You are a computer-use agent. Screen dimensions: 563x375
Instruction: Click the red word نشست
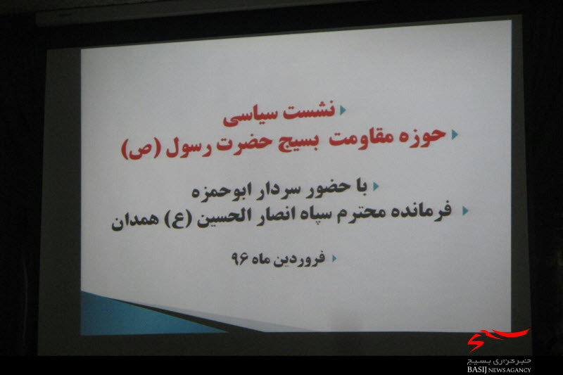(x=309, y=110)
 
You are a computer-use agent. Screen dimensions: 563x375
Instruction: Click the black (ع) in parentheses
(x=178, y=219)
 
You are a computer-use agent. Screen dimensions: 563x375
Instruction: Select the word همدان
(x=135, y=220)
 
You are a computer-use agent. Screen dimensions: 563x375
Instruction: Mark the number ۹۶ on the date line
(x=240, y=258)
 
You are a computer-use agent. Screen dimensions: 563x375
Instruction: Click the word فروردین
(x=300, y=258)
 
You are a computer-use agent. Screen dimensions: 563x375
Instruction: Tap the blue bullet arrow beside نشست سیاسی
(x=343, y=110)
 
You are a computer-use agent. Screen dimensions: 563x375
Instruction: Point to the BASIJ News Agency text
(x=499, y=369)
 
